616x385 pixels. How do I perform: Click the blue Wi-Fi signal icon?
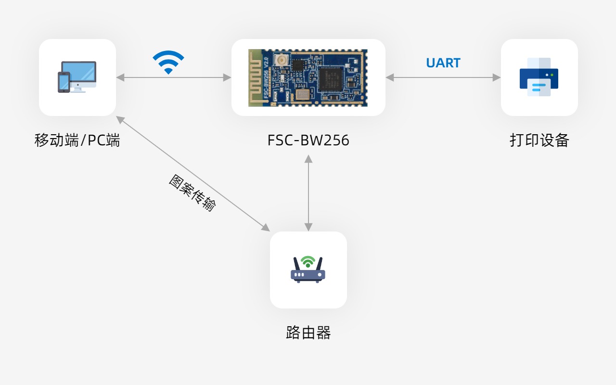point(168,62)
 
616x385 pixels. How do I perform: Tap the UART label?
point(443,63)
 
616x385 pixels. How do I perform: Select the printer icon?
point(539,77)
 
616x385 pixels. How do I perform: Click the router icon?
point(308,269)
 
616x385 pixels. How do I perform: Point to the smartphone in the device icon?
point(64,82)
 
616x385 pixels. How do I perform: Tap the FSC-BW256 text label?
point(308,140)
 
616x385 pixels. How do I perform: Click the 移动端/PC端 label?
point(77,140)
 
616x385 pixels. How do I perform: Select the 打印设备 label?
point(539,140)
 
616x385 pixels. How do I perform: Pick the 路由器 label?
point(308,333)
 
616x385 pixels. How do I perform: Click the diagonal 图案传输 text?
point(192,193)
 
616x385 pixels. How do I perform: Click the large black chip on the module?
point(331,79)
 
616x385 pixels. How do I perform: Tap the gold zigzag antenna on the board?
point(256,78)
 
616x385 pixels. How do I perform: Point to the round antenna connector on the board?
point(282,60)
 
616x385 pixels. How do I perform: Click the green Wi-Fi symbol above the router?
point(308,261)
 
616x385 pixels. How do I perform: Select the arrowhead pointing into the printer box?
point(496,77)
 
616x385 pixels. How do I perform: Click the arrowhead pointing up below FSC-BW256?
point(308,159)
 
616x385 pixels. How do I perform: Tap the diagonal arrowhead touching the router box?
point(266,228)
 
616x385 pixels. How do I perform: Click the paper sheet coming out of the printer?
point(539,88)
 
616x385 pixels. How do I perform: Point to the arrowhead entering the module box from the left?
point(227,77)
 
